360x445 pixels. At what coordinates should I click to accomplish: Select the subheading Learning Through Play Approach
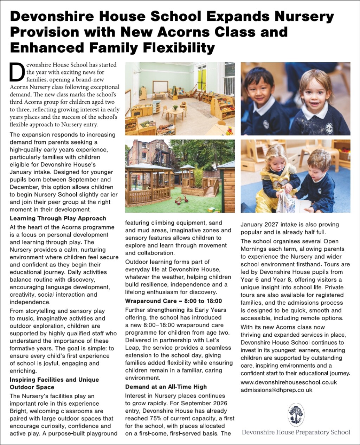pos(58,219)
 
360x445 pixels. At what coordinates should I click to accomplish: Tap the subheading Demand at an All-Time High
pos(166,387)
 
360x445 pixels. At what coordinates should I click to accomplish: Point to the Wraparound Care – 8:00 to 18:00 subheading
pos(174,301)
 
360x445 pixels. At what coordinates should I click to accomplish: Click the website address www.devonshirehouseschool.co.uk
pos(289,382)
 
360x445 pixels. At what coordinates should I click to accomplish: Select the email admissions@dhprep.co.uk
pos(276,390)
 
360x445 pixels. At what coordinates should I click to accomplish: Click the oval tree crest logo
pos(296,415)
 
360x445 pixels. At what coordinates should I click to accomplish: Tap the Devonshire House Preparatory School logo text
pos(296,432)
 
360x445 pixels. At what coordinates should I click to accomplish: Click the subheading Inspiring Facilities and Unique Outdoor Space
pos(54,383)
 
